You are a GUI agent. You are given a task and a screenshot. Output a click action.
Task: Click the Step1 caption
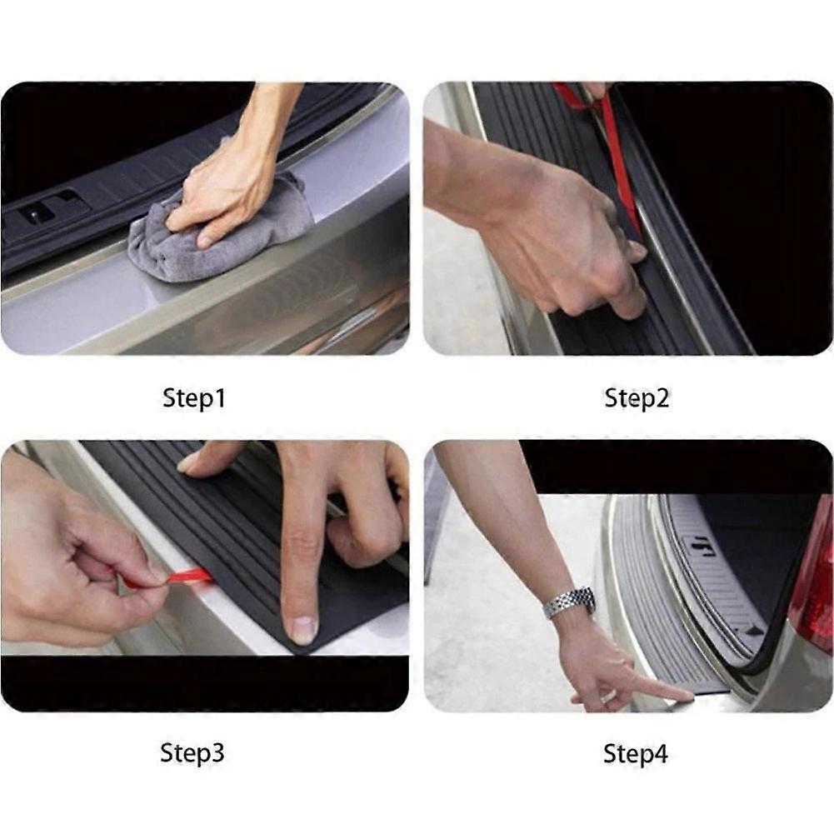(x=194, y=398)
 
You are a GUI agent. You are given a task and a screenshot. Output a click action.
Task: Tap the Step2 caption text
(x=637, y=398)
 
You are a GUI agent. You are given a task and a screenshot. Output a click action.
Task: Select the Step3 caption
(x=192, y=754)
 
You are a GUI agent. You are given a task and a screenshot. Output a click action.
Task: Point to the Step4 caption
(x=636, y=754)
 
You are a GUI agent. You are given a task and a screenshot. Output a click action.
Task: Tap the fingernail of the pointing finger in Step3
(x=304, y=629)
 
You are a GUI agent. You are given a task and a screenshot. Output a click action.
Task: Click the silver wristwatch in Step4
(x=570, y=602)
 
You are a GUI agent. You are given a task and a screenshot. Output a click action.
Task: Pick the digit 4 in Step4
(x=661, y=754)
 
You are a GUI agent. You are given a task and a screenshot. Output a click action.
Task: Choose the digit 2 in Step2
(x=661, y=398)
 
